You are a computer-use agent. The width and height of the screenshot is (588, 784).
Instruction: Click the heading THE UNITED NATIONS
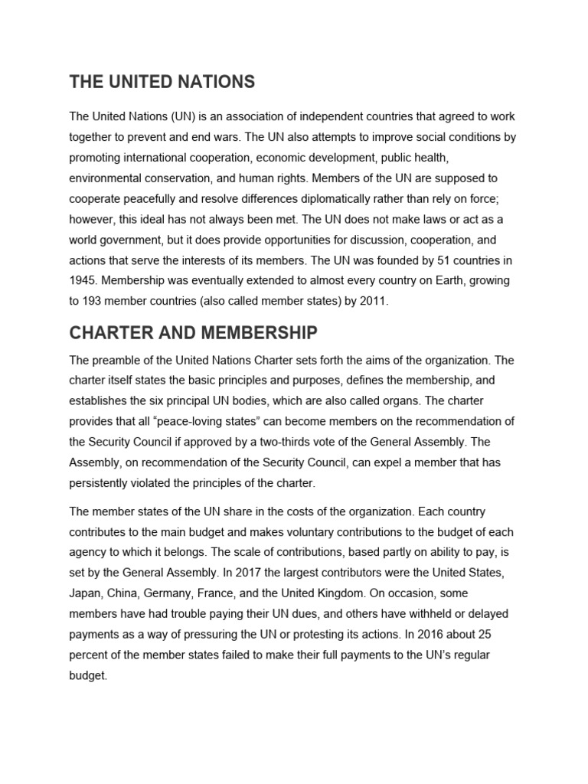point(162,81)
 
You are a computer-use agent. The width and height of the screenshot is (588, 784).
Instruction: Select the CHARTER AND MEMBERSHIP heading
point(192,333)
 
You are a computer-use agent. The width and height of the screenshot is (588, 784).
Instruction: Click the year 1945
point(83,281)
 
